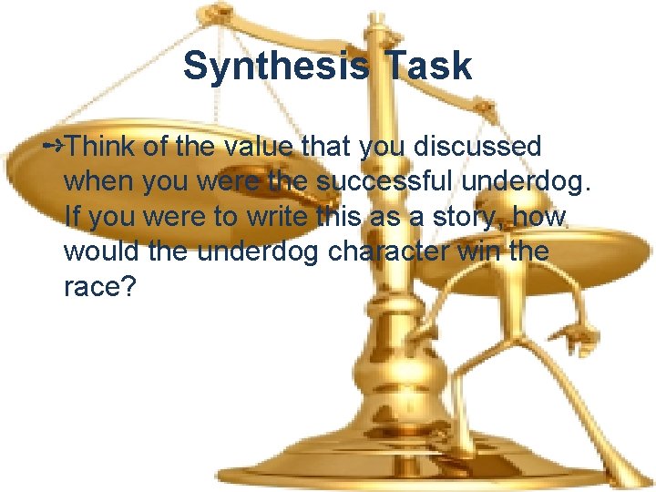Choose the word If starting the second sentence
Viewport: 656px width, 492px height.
pyautogui.click(x=72, y=217)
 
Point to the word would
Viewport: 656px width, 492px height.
pyautogui.click(x=101, y=252)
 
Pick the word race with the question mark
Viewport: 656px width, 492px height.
pyautogui.click(x=99, y=288)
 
